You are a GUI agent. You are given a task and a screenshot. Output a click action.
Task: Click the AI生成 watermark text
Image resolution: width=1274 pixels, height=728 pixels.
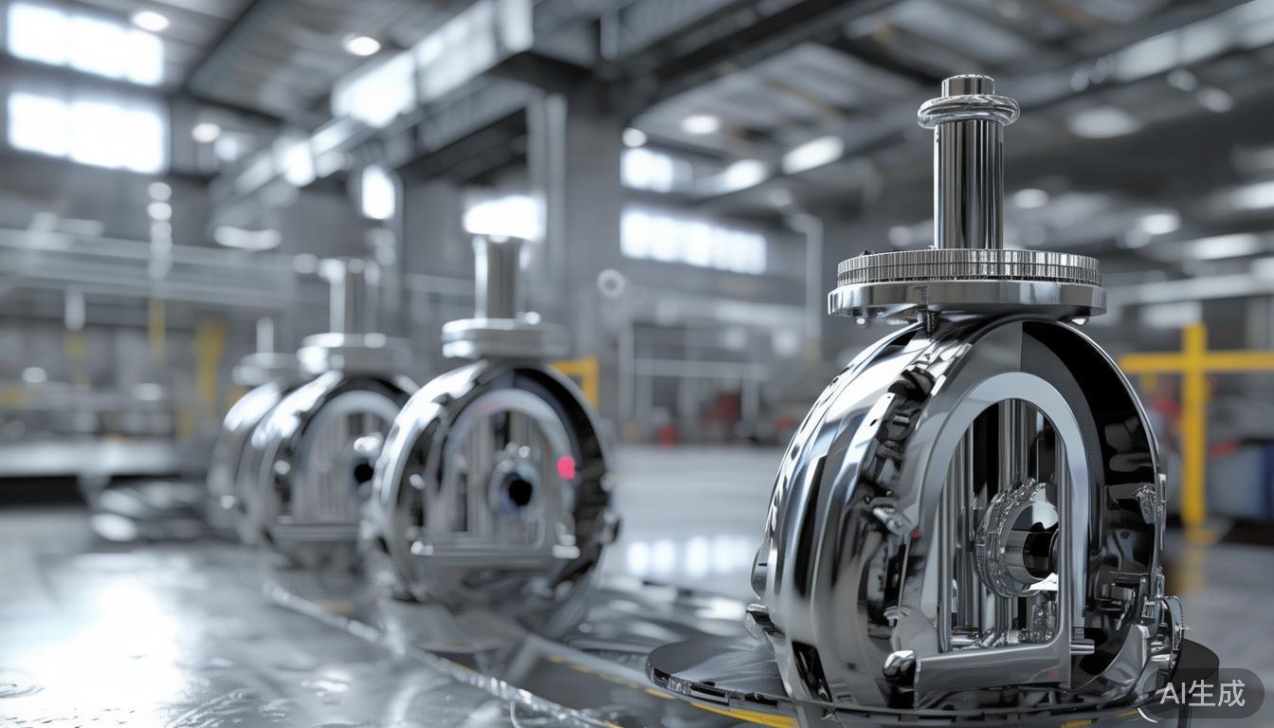pyautogui.click(x=1203, y=694)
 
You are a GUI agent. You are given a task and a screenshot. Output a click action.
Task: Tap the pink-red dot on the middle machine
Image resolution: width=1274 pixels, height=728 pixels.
pyautogui.click(x=566, y=466)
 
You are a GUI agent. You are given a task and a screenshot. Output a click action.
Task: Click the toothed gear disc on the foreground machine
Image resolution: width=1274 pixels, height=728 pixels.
pyautogui.click(x=968, y=267)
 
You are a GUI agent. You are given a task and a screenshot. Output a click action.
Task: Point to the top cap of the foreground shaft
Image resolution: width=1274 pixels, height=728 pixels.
pyautogui.click(x=967, y=85)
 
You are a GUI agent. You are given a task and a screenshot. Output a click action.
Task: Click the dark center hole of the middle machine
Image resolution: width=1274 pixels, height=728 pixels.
pyautogui.click(x=517, y=489)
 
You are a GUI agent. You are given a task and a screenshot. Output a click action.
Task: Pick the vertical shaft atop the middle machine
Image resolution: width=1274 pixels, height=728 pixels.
pyautogui.click(x=499, y=277)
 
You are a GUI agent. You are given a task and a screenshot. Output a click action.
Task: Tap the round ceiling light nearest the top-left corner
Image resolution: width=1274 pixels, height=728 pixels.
pyautogui.click(x=150, y=20)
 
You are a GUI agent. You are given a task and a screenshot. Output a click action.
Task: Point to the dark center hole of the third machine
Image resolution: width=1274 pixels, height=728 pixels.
pyautogui.click(x=362, y=469)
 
